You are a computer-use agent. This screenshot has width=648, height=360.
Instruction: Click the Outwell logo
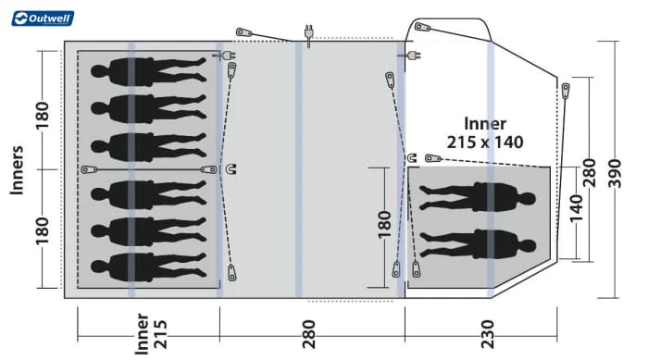pos(43,19)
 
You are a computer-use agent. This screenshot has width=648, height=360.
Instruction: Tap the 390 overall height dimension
pos(615,173)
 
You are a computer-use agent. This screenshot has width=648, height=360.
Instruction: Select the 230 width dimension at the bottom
pos(488,334)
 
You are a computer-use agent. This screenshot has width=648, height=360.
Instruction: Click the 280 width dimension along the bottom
pos(308,334)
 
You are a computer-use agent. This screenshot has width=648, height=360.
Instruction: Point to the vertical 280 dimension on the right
pos(590,172)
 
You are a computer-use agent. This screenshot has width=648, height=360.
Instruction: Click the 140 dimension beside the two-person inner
pos(576,208)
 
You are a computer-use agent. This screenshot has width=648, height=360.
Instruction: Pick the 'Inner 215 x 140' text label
pos(485,132)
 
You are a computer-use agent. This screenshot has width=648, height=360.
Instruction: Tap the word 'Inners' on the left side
pos(17,170)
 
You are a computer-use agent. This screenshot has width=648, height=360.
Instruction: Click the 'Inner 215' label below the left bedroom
pos(151,334)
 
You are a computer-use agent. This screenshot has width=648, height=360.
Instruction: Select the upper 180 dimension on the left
pos(43,116)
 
